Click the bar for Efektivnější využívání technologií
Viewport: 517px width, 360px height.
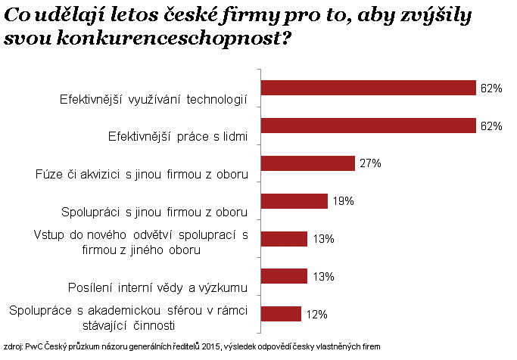[x=368, y=88]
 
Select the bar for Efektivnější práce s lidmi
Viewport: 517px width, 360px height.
[x=368, y=126]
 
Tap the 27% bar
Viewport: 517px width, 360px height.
[x=307, y=163]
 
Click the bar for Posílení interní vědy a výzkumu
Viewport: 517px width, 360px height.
[x=284, y=276]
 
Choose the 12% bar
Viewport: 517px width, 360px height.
[x=281, y=313]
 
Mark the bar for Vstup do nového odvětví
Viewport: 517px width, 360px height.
[x=284, y=238]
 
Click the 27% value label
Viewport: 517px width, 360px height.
[x=369, y=163]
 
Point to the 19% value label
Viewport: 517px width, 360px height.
[x=342, y=201]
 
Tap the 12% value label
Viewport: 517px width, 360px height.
[x=316, y=313]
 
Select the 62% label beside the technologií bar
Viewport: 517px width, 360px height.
[x=491, y=88]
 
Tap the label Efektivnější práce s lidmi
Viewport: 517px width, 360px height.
[x=179, y=137]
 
